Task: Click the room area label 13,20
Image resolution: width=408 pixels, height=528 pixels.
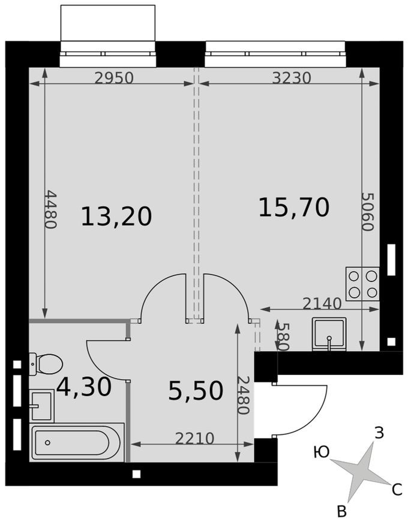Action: coord(116,216)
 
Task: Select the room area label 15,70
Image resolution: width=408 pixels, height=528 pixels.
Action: coord(294,207)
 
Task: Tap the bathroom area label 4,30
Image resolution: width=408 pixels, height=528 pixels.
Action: coord(84,388)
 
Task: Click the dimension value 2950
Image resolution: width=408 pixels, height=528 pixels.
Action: coord(113,78)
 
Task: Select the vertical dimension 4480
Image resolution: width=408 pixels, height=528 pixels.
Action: coord(50,209)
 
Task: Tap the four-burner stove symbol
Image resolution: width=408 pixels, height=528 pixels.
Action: coord(362,284)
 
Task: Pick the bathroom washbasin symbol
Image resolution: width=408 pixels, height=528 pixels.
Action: coord(41,406)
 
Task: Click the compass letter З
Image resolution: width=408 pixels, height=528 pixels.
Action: coord(379,432)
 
